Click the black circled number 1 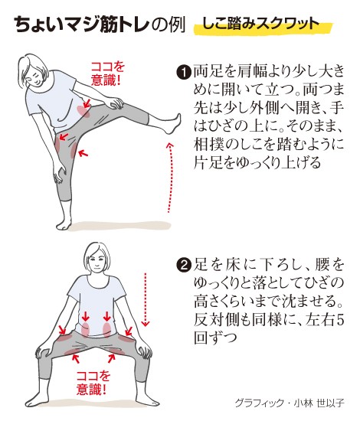(x=184, y=72)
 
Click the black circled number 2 (x=184, y=266)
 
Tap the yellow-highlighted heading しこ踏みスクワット (x=260, y=24)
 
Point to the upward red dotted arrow (x=170, y=178)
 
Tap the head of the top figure (x=33, y=69)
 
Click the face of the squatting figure (x=97, y=261)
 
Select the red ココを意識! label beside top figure (x=107, y=73)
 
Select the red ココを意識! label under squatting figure (x=93, y=383)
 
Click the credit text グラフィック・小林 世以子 (x=290, y=403)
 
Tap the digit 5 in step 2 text (x=340, y=320)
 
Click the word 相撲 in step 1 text (x=209, y=145)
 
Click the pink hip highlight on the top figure (x=83, y=111)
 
